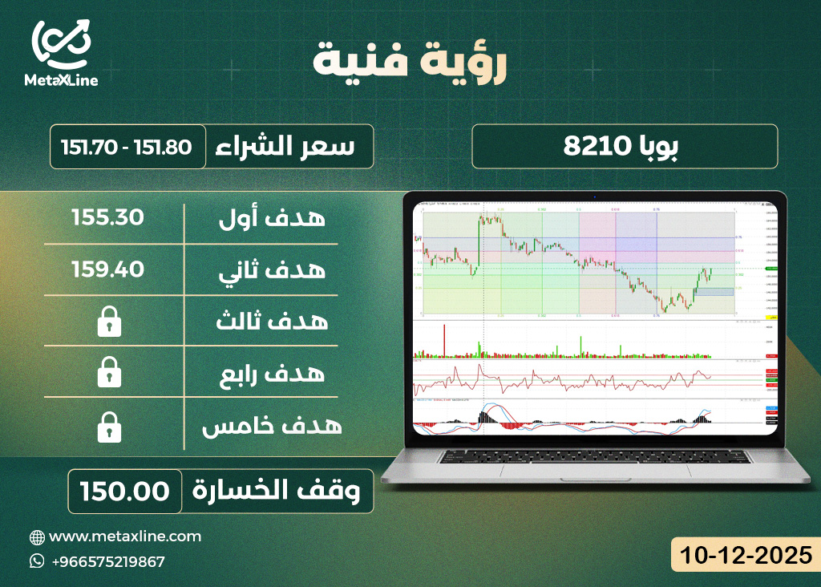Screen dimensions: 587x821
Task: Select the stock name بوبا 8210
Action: click(625, 146)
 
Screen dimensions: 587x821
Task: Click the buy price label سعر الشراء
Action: click(288, 146)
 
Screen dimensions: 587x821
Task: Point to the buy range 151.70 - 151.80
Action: click(127, 147)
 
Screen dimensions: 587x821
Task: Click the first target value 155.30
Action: click(108, 217)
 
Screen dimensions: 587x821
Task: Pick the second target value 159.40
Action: click(108, 269)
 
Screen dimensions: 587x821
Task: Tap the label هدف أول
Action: click(272, 217)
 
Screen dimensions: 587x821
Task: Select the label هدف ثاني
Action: click(272, 269)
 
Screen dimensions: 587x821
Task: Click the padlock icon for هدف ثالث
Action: click(108, 322)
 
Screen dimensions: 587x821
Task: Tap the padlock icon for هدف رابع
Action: click(108, 373)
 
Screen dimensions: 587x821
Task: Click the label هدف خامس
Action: click(272, 425)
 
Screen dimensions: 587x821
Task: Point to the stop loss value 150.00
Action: click(124, 491)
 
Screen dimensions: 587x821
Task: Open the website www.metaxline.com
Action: click(125, 536)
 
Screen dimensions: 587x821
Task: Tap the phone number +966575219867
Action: click(107, 561)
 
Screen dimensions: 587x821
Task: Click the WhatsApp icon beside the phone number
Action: click(37, 561)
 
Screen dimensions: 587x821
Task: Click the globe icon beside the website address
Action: click(37, 536)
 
